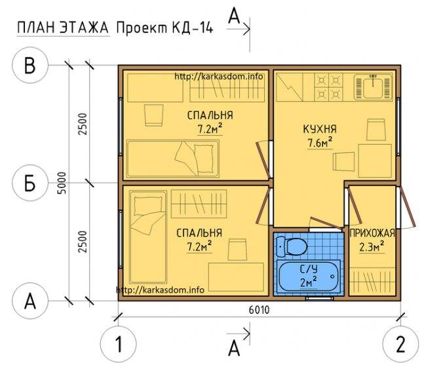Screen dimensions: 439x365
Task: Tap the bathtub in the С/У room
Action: pos(309,277)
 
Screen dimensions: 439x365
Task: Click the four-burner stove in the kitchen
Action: pos(329,87)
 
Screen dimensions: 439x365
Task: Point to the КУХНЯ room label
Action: pos(320,129)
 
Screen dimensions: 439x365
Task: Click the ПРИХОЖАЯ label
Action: pos(372,233)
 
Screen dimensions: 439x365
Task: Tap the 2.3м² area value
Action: pos(372,247)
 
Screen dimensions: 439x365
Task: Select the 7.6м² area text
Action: pos(320,144)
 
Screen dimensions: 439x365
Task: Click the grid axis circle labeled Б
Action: pos(30,183)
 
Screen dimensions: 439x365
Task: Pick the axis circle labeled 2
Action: pos(400,344)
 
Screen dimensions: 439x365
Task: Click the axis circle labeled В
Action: pos(30,66)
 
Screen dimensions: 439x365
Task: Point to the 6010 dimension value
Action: pos(259,310)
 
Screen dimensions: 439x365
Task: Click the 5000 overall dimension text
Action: pos(62,183)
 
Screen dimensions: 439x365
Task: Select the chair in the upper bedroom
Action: pos(154,115)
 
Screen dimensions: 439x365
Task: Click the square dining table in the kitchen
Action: pos(375,161)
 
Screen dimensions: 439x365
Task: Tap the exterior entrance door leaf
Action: pos(408,207)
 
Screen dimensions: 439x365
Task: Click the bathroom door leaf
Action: pos(326,223)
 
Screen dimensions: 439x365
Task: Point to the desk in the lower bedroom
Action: pos(236,277)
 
